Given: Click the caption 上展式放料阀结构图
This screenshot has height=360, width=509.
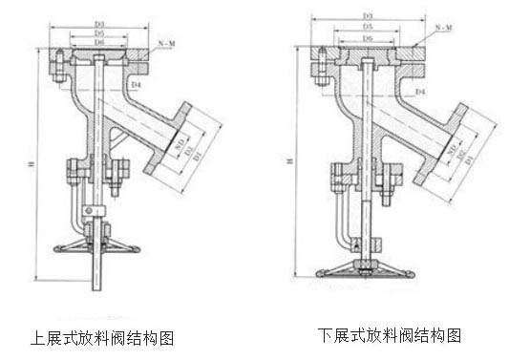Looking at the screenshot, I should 102,338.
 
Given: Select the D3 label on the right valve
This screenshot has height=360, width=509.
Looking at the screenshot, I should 367,16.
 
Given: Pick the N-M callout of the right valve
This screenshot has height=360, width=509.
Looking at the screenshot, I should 443,32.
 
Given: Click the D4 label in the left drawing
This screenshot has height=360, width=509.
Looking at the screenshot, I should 137,86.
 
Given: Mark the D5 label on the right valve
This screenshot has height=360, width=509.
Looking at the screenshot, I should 367,29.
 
